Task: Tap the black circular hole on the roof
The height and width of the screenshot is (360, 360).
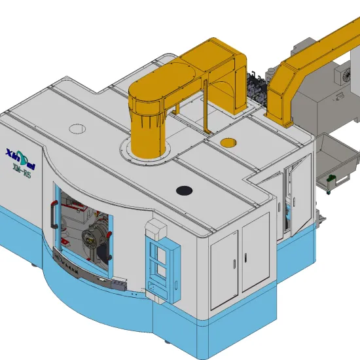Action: click(x=185, y=190)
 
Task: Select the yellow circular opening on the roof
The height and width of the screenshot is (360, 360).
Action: click(x=228, y=141)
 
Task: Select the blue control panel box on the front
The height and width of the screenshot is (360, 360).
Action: click(x=160, y=266)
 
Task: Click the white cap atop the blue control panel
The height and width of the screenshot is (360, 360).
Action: click(x=156, y=228)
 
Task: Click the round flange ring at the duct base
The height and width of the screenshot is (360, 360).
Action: click(x=150, y=156)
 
